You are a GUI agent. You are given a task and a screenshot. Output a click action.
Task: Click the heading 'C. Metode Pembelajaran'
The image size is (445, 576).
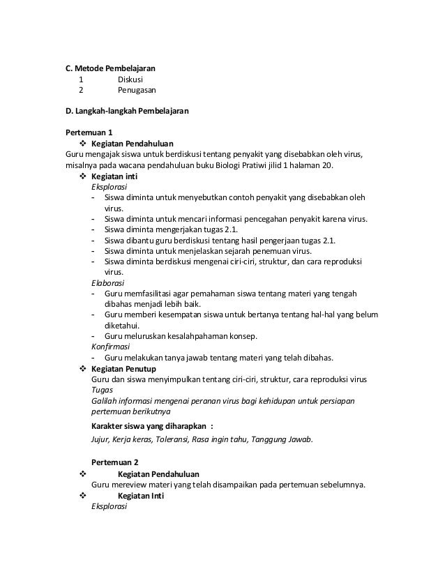click(x=110, y=68)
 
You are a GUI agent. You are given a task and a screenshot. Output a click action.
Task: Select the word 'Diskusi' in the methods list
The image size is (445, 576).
click(x=130, y=79)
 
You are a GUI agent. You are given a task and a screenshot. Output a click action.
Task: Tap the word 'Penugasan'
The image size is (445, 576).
click(x=136, y=90)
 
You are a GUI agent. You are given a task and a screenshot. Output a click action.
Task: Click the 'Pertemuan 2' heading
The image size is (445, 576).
click(x=115, y=462)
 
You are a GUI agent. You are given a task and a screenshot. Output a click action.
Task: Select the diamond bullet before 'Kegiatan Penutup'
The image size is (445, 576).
click(x=83, y=368)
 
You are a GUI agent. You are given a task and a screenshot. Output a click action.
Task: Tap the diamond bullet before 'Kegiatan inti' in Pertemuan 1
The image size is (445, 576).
click(x=83, y=176)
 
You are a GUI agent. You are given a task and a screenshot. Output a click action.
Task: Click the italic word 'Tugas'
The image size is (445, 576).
click(x=102, y=390)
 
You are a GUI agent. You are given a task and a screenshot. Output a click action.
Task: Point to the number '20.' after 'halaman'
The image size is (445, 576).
click(x=327, y=165)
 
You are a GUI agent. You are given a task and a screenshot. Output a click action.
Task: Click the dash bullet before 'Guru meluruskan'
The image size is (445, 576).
click(x=93, y=335)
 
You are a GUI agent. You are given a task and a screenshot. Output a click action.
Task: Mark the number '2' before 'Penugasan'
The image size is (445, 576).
click(x=80, y=90)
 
